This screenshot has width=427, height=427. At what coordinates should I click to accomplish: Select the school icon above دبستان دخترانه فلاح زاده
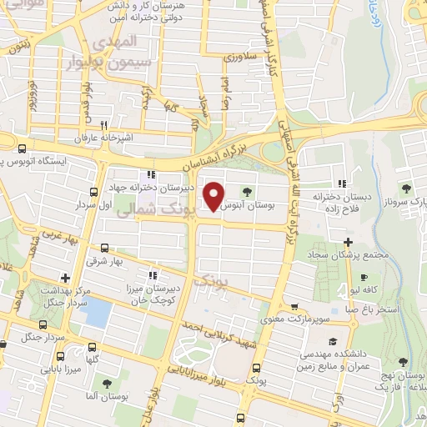[x=342, y=183]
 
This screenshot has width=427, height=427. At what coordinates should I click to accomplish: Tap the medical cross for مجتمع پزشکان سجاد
[x=348, y=243]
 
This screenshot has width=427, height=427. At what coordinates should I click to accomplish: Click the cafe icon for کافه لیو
[x=364, y=278]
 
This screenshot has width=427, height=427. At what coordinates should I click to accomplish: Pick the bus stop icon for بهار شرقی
[x=104, y=248]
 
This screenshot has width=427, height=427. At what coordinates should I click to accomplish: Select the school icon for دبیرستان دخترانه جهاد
[x=151, y=175]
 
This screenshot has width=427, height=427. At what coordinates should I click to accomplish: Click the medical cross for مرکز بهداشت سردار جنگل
[x=65, y=279]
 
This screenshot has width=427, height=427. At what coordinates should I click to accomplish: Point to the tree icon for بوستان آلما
[x=107, y=384]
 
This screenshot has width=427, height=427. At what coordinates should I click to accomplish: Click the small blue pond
[x=98, y=313]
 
